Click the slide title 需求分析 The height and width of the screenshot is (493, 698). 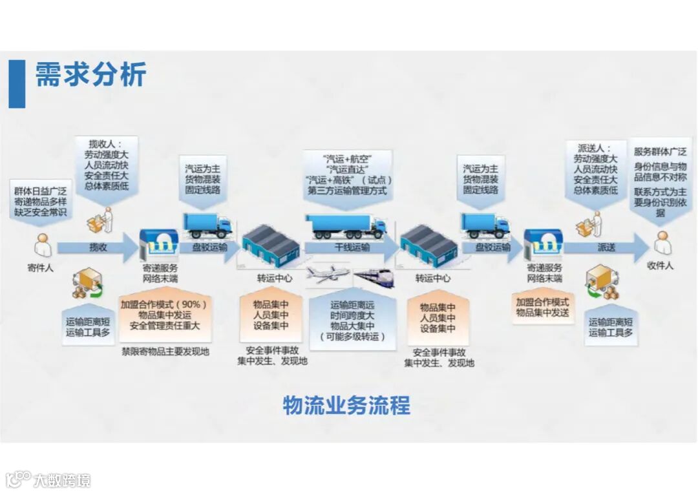(x=90, y=75)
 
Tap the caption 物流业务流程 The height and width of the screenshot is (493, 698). (x=346, y=406)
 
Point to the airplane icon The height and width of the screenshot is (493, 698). (x=326, y=275)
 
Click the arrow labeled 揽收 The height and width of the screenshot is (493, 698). (x=97, y=247)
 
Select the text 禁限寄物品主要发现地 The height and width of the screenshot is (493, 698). (x=165, y=352)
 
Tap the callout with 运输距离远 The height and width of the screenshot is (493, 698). (x=352, y=321)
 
